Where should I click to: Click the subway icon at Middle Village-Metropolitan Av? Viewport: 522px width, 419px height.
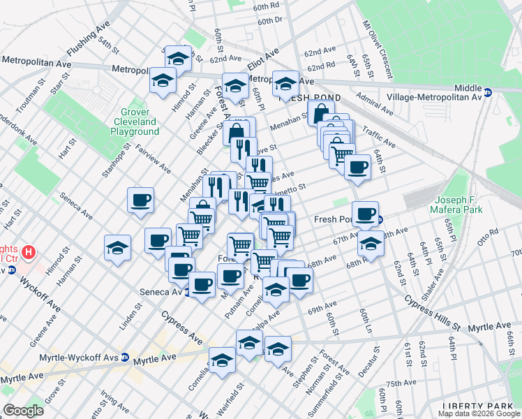tap(489, 91)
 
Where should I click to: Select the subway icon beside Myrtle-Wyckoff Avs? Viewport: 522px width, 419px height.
tap(124, 357)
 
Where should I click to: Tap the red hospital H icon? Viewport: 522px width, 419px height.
tap(28, 251)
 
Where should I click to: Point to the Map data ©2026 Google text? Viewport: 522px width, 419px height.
tap(478, 413)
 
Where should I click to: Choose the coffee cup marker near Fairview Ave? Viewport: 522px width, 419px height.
tap(140, 200)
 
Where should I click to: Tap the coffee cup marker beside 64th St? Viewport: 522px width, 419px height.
tap(358, 166)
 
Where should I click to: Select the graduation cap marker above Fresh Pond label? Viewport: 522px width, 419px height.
tap(285, 83)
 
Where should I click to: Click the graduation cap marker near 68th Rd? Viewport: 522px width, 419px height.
tap(371, 244)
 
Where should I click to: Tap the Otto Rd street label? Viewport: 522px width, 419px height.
tap(489, 233)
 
